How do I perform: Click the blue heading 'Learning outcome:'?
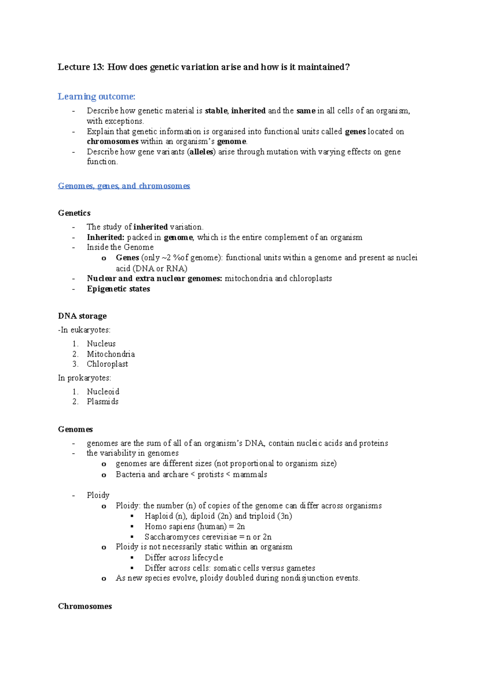tap(96, 97)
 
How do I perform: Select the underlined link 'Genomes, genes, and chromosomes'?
tap(124, 186)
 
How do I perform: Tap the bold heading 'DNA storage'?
tap(82, 316)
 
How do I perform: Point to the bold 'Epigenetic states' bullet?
tap(118, 289)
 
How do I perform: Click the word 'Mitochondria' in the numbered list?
tap(111, 354)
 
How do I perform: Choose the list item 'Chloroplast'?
tap(107, 364)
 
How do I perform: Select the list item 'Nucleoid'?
tap(103, 392)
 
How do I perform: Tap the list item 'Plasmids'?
tap(102, 402)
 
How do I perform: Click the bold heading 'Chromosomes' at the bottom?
tap(85, 606)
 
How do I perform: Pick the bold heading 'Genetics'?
tap(74, 213)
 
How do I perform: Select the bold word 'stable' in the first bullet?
tap(216, 111)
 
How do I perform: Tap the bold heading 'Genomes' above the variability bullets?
tap(75, 429)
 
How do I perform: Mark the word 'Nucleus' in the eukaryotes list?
tap(101, 344)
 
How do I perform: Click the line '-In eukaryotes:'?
tap(84, 330)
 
